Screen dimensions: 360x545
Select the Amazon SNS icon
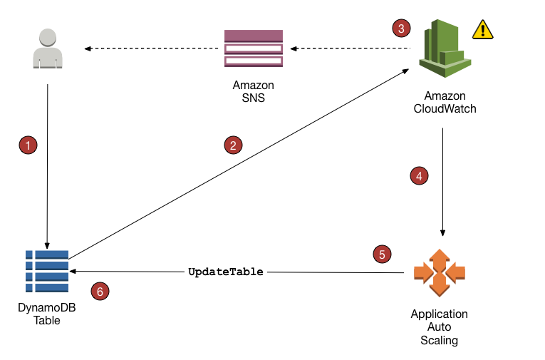tap(253, 48)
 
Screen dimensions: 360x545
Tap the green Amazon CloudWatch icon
tap(444, 48)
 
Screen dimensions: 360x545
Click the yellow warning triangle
tap(483, 29)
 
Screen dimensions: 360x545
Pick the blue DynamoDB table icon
tap(47, 272)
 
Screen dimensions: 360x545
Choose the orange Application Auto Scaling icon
tap(439, 272)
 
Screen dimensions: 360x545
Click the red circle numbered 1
tap(27, 145)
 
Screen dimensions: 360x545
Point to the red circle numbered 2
tap(232, 145)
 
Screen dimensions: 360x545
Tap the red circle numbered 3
tap(402, 29)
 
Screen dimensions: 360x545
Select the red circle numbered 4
tap(420, 175)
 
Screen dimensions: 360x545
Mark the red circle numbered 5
tap(383, 253)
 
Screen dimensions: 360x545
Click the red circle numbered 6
tap(101, 291)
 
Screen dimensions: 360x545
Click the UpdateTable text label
tap(225, 272)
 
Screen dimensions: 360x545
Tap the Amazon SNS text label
tap(253, 92)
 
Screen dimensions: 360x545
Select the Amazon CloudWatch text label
tap(445, 103)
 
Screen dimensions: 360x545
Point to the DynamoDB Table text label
tap(46, 314)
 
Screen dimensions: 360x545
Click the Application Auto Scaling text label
tap(439, 327)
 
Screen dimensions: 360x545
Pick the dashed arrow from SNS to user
tap(151, 48)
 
